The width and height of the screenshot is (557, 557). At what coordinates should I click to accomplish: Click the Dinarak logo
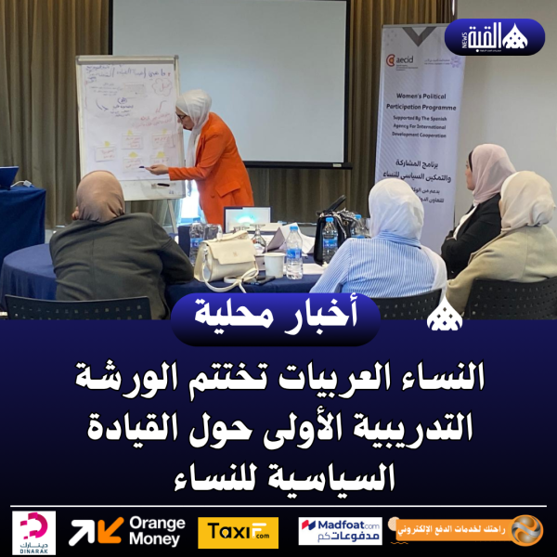pyautogui.click(x=33, y=532)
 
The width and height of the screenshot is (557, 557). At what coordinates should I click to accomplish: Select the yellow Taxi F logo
pyautogui.click(x=238, y=532)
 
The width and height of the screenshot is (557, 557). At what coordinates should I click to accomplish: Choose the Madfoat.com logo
pyautogui.click(x=340, y=531)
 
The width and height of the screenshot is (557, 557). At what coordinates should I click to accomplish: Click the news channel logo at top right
pyautogui.click(x=495, y=36)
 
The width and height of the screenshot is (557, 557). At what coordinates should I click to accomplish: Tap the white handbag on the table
pyautogui.click(x=225, y=259)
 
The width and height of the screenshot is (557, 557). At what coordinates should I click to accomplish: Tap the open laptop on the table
pyautogui.click(x=245, y=221)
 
